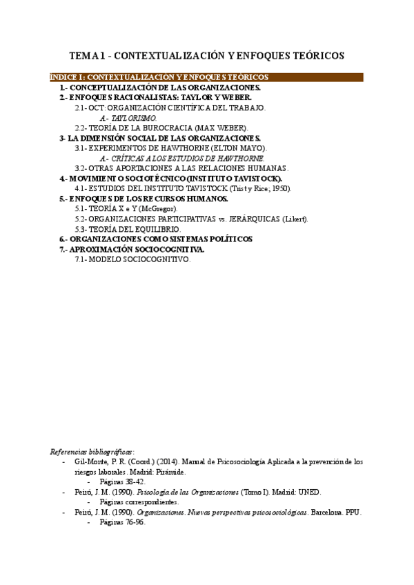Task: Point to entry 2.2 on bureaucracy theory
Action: [161, 128]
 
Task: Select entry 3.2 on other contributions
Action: [181, 168]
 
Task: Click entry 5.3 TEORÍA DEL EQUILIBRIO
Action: [128, 229]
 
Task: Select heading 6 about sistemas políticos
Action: [156, 239]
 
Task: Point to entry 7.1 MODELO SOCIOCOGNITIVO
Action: [132, 259]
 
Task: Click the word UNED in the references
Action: [310, 492]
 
